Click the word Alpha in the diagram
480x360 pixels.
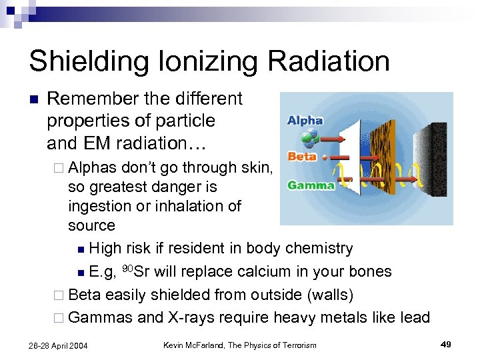click(305, 121)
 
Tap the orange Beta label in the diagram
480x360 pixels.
click(301, 157)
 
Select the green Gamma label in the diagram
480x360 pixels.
click(311, 185)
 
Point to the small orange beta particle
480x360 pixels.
click(324, 158)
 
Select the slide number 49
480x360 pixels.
click(446, 344)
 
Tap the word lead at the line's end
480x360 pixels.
click(415, 317)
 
